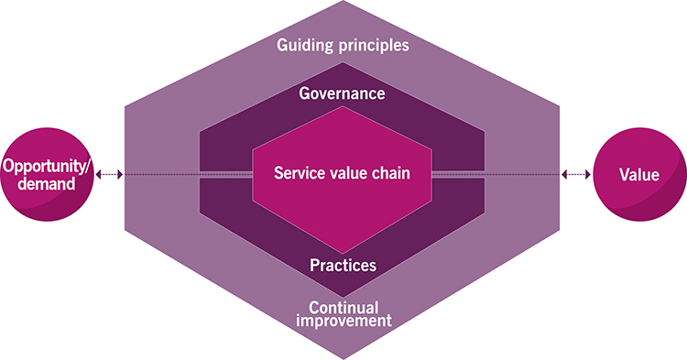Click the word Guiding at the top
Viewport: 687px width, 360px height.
point(304,44)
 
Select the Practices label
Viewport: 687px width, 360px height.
point(342,266)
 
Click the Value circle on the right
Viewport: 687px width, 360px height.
point(638,175)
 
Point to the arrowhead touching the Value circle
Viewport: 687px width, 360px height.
point(589,175)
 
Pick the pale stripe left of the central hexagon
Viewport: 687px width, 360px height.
point(225,175)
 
